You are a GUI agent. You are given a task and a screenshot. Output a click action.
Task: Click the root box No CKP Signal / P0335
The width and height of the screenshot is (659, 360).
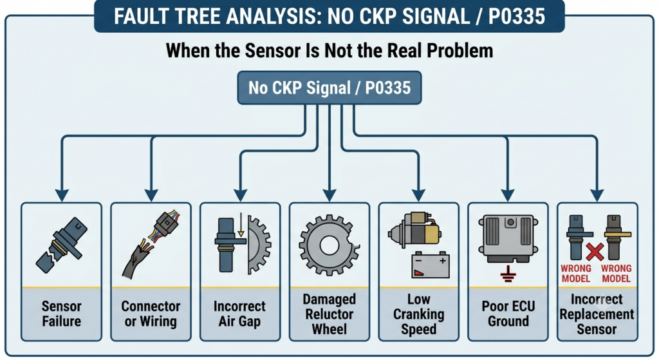(x=329, y=88)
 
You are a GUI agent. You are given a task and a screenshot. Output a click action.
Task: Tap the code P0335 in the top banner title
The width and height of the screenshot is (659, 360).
(x=517, y=16)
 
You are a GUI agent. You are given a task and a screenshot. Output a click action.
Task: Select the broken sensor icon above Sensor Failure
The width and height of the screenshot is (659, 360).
(x=61, y=245)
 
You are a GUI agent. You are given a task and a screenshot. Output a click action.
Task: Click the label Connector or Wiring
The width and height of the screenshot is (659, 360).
(x=151, y=314)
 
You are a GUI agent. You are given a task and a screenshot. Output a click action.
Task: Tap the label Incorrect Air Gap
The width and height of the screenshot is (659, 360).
(x=239, y=314)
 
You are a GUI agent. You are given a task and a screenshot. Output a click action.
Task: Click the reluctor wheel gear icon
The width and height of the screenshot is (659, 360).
(x=329, y=245)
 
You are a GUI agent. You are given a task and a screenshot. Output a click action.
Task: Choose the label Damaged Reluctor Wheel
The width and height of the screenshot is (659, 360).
(x=329, y=314)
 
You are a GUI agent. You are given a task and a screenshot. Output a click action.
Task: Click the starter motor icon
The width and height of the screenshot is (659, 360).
(x=414, y=229)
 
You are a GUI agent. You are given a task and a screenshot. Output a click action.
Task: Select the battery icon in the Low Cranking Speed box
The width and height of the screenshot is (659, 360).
(x=430, y=265)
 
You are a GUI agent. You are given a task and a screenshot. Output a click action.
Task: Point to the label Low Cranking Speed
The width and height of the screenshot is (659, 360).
(x=418, y=314)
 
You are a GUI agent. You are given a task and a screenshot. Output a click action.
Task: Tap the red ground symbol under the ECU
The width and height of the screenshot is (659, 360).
(x=508, y=274)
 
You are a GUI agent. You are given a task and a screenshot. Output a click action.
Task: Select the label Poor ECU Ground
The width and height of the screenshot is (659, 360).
(x=508, y=314)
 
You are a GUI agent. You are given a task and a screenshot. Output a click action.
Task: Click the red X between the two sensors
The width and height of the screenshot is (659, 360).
(x=595, y=252)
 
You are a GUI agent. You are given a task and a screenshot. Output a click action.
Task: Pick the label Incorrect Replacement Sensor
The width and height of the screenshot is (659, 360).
(x=597, y=314)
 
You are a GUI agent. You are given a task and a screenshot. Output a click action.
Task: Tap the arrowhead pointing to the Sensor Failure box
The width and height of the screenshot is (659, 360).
(x=62, y=195)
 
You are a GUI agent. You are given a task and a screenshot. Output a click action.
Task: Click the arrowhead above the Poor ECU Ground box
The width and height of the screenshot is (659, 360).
(x=508, y=195)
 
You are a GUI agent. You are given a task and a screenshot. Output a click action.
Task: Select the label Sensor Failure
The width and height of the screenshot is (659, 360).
(x=61, y=314)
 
